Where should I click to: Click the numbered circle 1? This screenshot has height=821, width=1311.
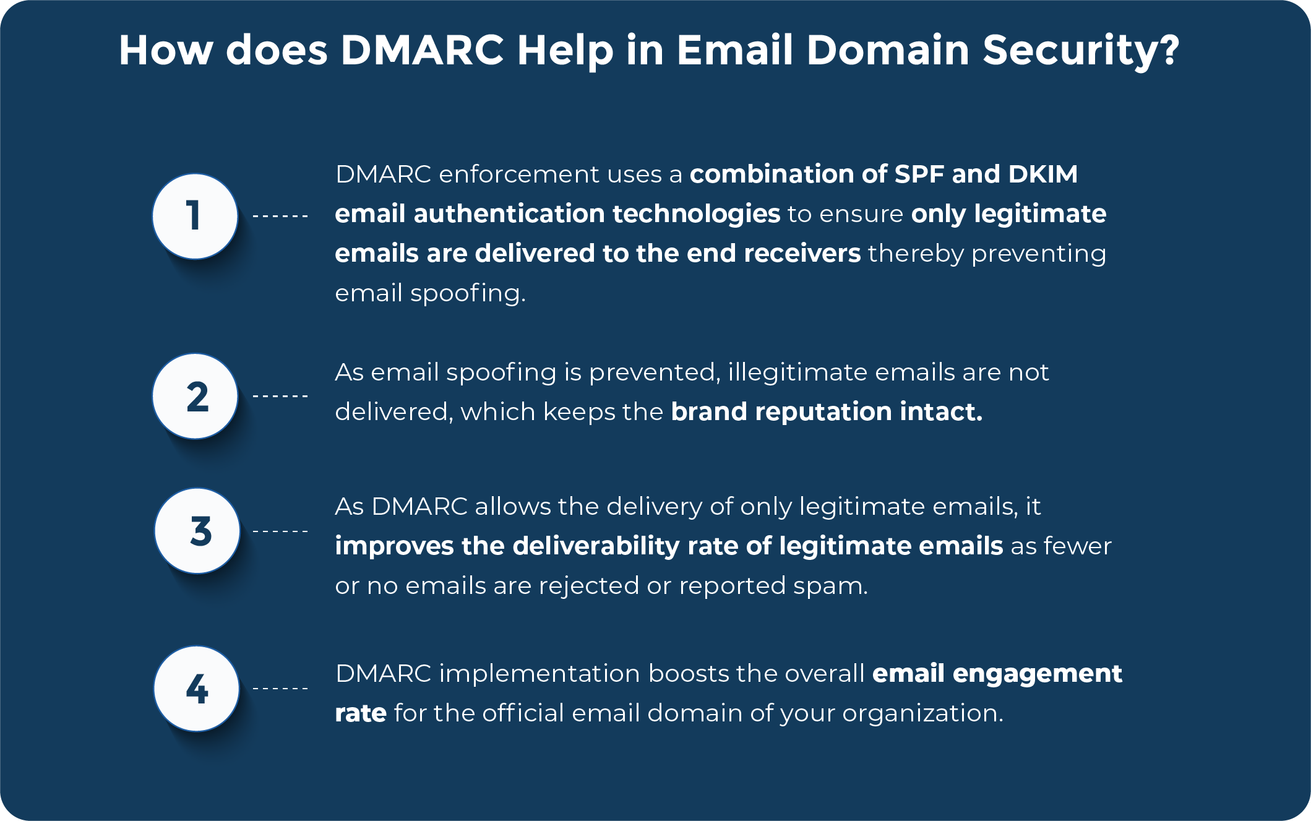click(195, 216)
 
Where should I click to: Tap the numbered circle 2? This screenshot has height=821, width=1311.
click(195, 396)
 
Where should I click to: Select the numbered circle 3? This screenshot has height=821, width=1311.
click(197, 531)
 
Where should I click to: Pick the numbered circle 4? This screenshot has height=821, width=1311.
click(197, 689)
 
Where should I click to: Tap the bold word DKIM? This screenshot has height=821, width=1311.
click(1043, 174)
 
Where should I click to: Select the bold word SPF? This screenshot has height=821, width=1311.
click(919, 174)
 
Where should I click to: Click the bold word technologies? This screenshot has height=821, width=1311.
click(697, 214)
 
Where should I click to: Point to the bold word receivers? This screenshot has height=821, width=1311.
click(802, 254)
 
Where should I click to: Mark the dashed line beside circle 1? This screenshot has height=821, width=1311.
click(280, 217)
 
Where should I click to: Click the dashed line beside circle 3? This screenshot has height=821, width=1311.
click(280, 531)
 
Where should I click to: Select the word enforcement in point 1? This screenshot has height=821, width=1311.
click(520, 174)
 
